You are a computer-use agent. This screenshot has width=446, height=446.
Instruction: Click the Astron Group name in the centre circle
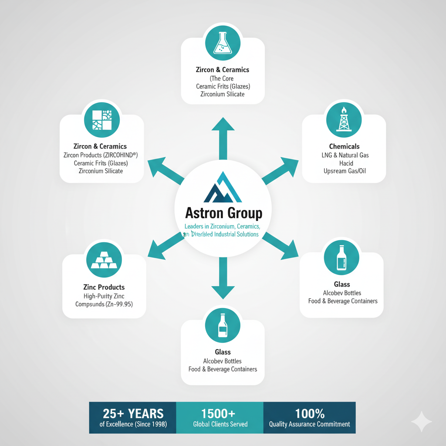pos(223,213)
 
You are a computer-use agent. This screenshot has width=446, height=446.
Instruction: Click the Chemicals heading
pos(344,146)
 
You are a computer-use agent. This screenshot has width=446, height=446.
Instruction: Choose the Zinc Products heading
pos(104,287)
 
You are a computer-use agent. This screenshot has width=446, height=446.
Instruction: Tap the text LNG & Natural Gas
pos(344,155)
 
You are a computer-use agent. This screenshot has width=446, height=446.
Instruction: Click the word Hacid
pos(344,163)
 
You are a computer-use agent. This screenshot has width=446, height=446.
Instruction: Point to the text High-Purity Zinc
pos(104,296)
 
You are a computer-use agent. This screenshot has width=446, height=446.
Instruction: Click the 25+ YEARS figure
pos(133,413)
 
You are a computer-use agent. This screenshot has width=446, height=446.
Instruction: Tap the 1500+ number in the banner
pos(220,413)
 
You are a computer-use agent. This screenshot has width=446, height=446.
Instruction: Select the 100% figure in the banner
pos(309,413)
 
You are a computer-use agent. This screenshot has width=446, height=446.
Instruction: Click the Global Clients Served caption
pos(220,424)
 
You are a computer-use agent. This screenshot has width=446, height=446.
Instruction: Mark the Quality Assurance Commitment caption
pos(309,424)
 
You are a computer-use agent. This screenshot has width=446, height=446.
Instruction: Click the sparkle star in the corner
pos(421,422)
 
